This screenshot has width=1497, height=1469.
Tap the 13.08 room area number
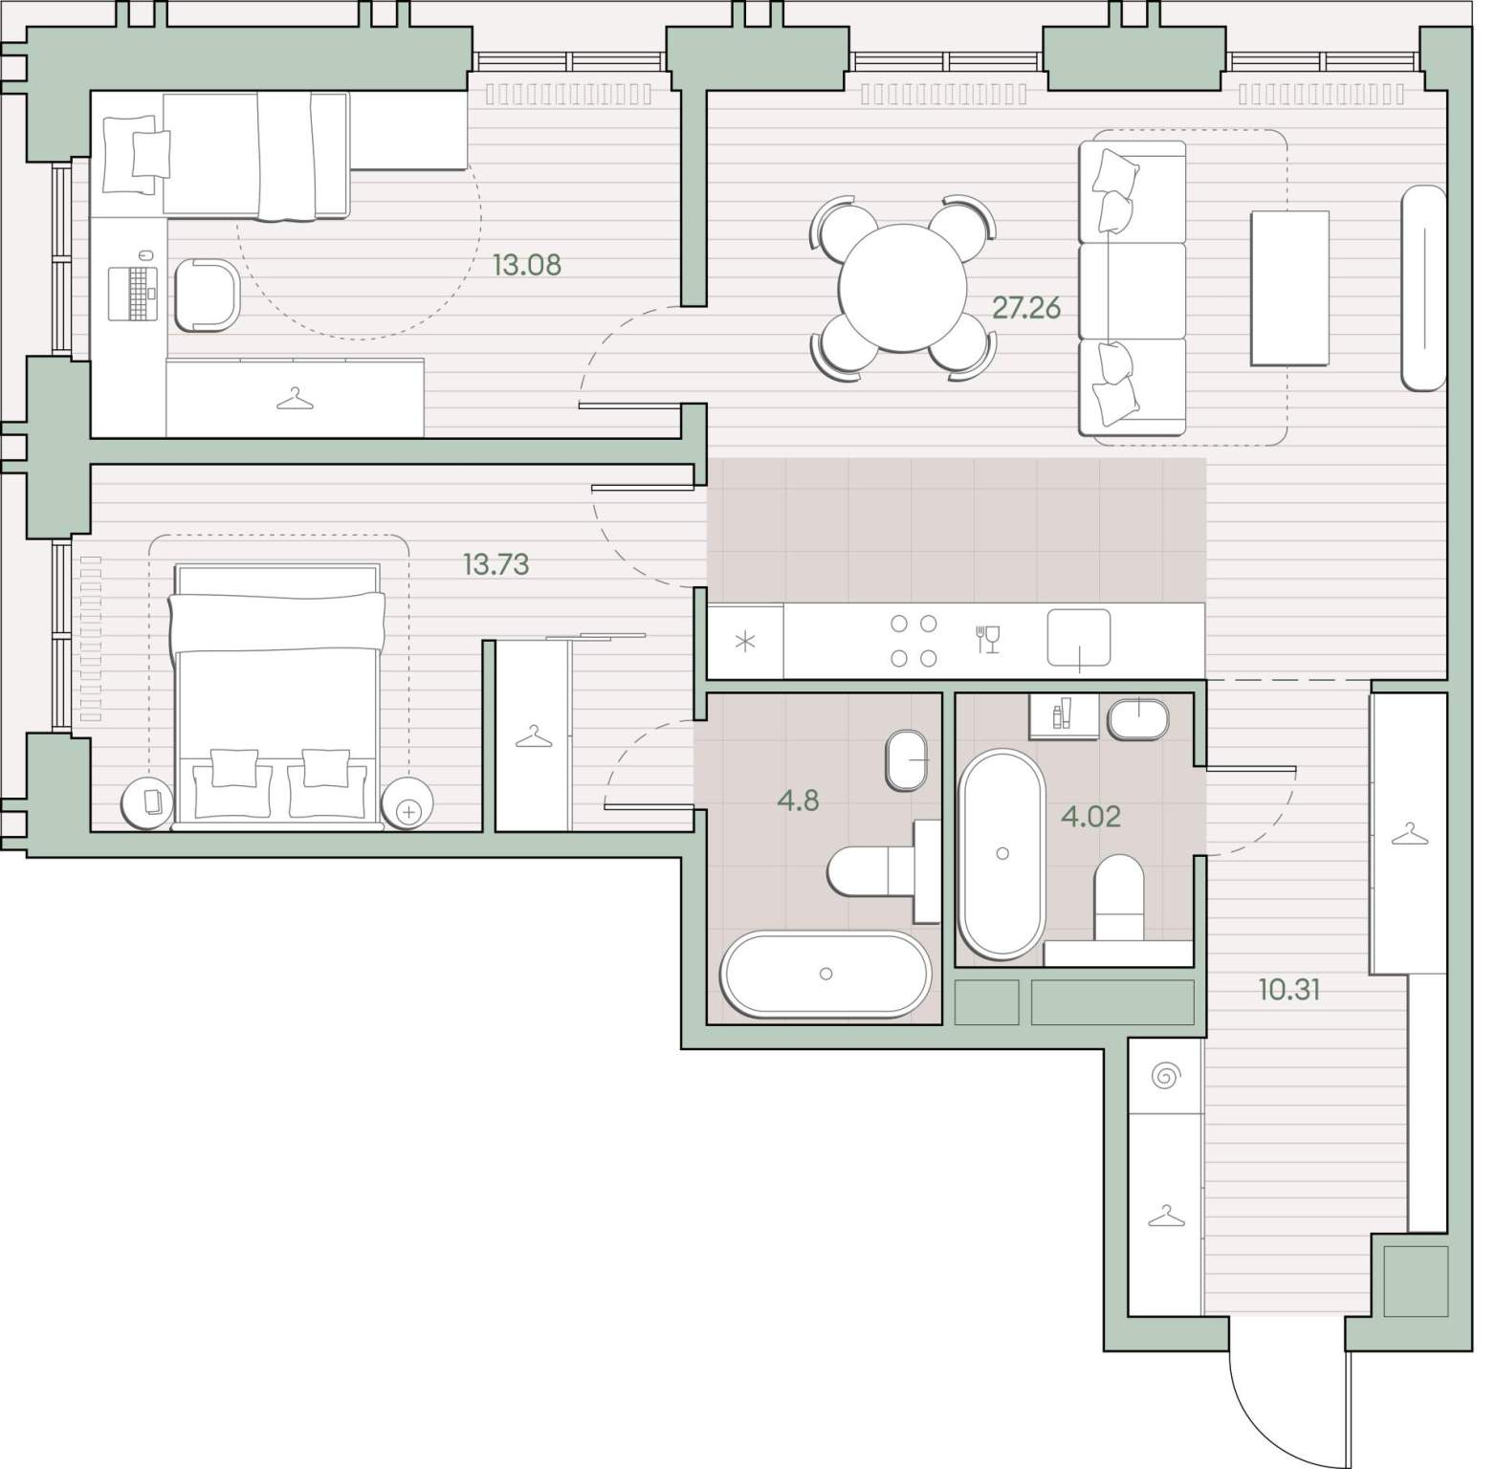point(526,264)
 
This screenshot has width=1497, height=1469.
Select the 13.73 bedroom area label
point(495,564)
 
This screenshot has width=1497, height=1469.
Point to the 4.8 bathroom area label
point(798,800)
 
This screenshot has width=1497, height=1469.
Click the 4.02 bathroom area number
point(1090,817)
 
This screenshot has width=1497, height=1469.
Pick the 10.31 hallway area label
point(1289,990)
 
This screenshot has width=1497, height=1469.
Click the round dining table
point(904,288)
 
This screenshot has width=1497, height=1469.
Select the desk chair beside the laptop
point(207,295)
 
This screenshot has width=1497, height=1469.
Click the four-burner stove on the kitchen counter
point(914,641)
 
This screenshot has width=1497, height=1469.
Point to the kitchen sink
point(1079,638)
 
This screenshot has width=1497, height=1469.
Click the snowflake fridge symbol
point(745,641)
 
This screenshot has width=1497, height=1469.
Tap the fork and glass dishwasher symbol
point(988,639)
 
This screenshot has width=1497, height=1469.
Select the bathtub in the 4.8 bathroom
point(826,974)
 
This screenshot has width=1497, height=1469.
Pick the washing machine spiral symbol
point(1165,1077)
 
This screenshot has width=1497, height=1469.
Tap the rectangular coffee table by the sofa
point(1289,288)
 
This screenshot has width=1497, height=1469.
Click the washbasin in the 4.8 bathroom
point(908,760)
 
